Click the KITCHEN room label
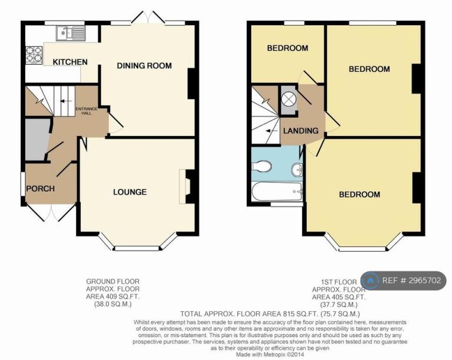pos(70,62)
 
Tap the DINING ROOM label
pos(144,66)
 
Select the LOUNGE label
pos(129,192)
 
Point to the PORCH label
pos(41,189)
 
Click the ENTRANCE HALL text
pos(87,111)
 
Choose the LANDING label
pos(301,131)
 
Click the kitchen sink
pos(71,34)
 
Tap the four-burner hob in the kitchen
pos(34,55)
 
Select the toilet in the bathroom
pos(262,166)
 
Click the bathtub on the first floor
pos(277,192)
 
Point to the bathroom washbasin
pos(297,169)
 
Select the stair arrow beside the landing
pos(271,131)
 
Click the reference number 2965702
pos(424,281)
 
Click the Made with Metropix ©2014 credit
pos(270,355)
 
